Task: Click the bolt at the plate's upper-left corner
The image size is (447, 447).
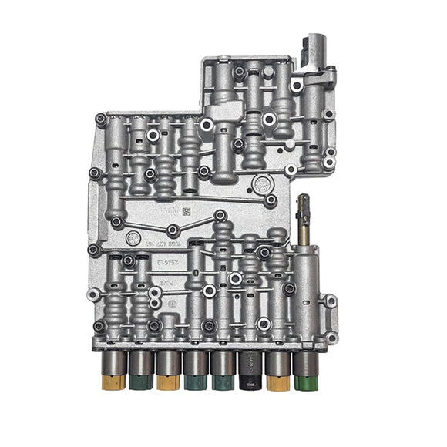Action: tap(101, 119)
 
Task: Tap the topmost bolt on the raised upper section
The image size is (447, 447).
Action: tap(239, 72)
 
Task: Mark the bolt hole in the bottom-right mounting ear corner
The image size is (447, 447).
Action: tap(331, 338)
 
